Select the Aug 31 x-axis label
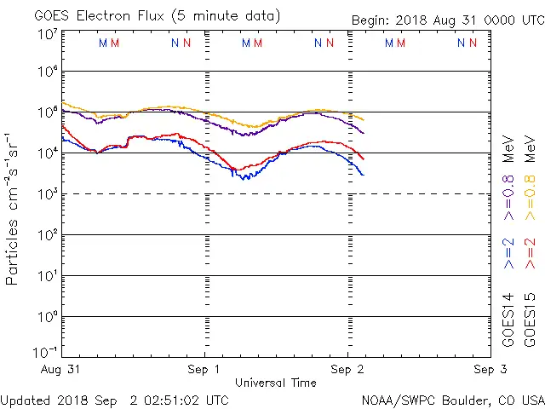point(62,370)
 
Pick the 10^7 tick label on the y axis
point(47,34)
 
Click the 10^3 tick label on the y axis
point(47,194)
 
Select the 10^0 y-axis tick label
point(47,316)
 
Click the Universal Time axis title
point(275,383)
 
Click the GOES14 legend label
point(508,320)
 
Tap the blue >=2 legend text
point(508,253)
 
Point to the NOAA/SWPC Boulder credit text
point(452,400)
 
